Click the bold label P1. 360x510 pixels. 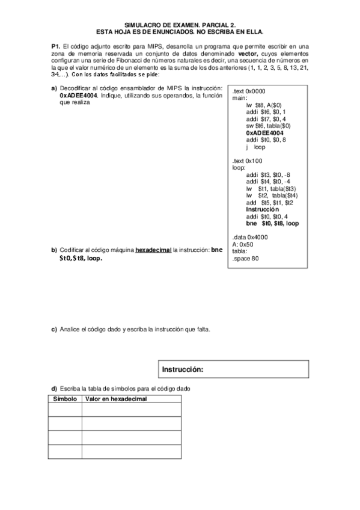(55, 46)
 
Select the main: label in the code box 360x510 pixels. (239, 97)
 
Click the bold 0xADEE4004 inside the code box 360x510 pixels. (264, 132)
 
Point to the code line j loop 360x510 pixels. (255, 147)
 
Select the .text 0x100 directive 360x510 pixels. (247, 161)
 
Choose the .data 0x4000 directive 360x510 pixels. (249, 238)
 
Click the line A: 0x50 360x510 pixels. (242, 245)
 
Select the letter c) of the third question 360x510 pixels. (53, 329)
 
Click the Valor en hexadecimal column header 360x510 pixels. (116, 399)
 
